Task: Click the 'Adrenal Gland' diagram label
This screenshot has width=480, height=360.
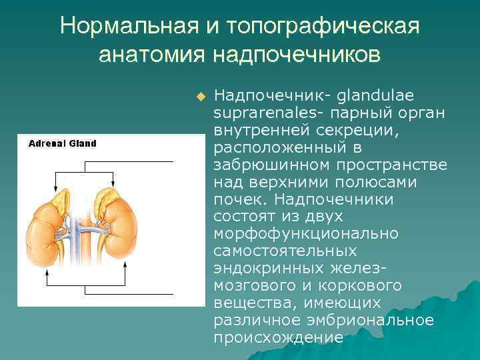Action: (62, 143)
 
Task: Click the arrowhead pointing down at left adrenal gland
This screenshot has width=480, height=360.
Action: (55, 189)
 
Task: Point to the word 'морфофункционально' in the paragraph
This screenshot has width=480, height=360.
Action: (306, 233)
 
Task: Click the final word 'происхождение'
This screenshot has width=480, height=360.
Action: (278, 337)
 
